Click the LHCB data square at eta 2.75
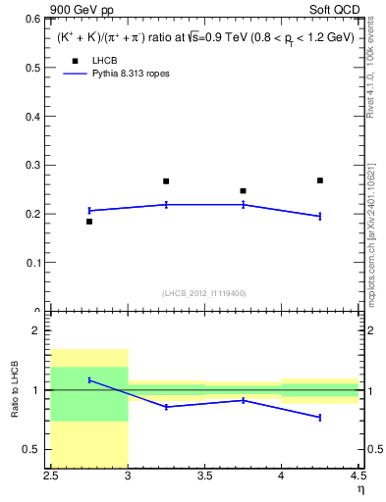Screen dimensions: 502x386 (x=89, y=222)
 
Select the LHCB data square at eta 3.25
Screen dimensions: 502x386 (x=166, y=181)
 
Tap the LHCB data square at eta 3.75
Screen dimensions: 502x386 (x=243, y=191)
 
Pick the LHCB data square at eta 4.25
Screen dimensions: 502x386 (x=320, y=180)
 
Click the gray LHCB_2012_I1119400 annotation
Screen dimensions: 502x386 (x=204, y=293)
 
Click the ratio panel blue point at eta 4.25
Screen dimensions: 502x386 (x=320, y=418)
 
